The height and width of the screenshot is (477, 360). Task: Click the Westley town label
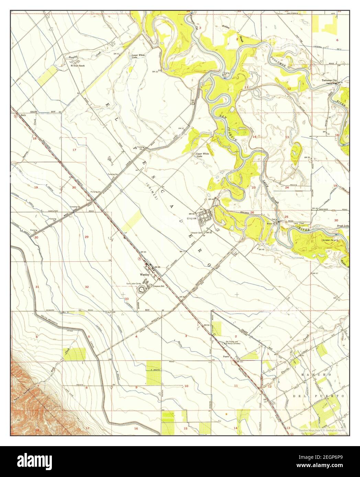tap(143, 275)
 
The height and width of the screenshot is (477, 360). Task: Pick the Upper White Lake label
tap(202, 155)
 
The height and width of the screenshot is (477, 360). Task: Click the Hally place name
tap(24, 115)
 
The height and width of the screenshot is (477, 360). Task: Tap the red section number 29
tap(87, 237)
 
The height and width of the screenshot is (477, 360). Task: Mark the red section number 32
tap(87, 287)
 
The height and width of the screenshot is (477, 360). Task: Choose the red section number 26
tap(252, 212)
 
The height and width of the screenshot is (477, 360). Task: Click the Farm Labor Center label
tap(134, 283)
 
